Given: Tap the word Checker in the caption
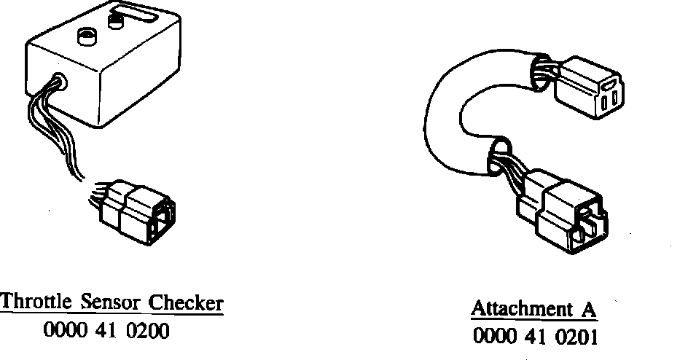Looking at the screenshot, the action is [186, 302].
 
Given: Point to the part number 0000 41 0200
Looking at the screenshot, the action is [106, 332].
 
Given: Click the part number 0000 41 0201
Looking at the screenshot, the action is [534, 337].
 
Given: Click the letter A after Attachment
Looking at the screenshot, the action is [588, 308].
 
